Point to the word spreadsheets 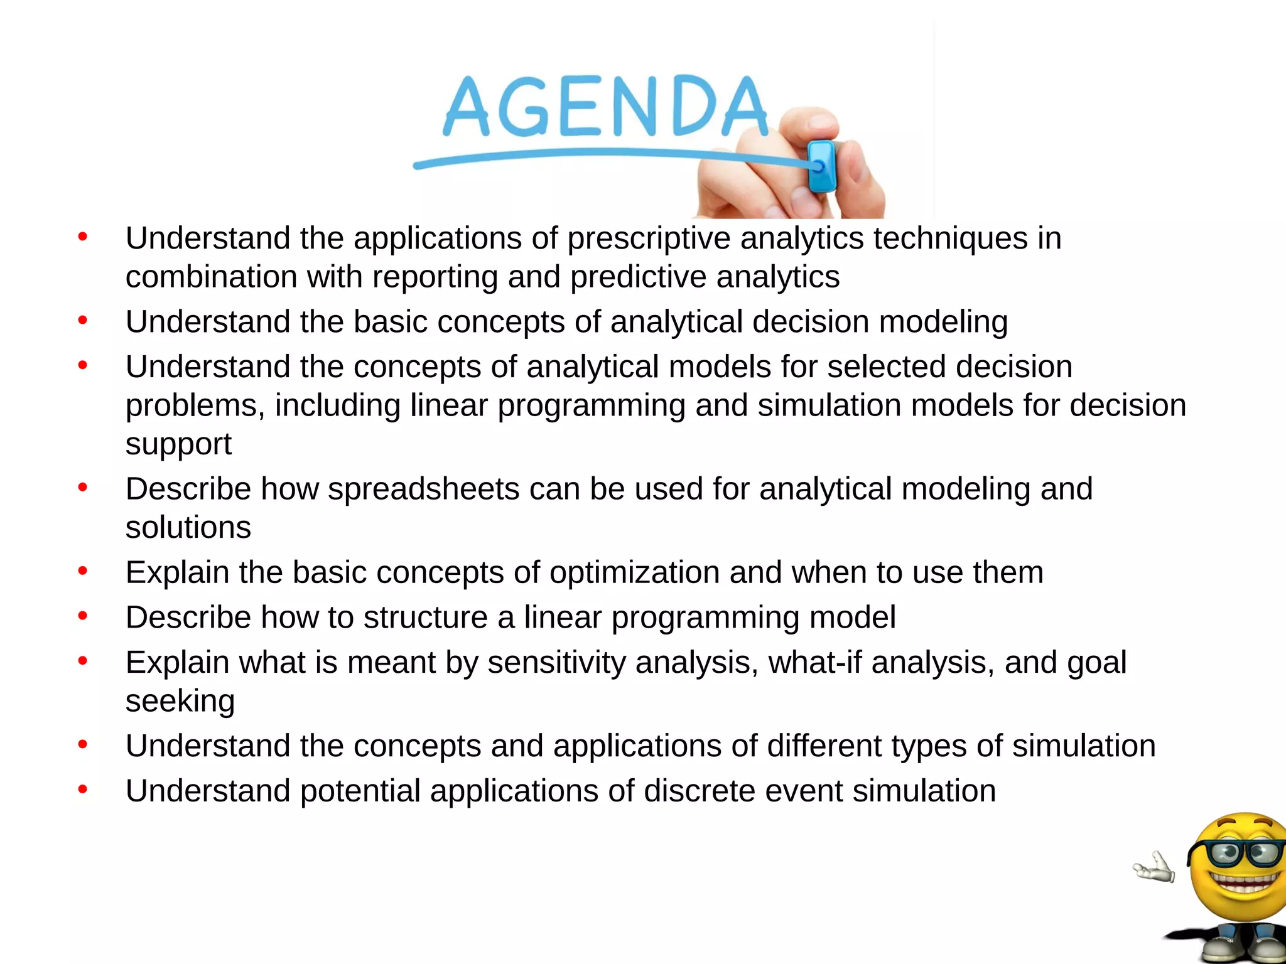tap(423, 489)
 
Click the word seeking tap(180, 701)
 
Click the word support tap(178, 444)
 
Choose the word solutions tap(188, 527)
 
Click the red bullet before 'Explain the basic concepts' tap(82, 571)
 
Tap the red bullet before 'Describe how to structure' tap(82, 616)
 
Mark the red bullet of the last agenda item tap(82, 790)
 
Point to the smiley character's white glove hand tap(1154, 868)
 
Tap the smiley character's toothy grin tap(1246, 882)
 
